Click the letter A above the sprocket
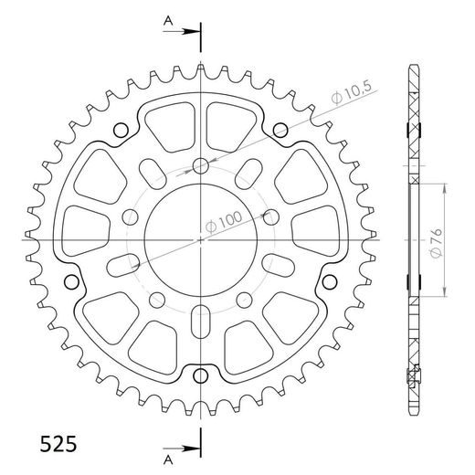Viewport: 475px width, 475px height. click(x=169, y=18)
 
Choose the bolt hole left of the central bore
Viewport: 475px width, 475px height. click(x=131, y=217)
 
